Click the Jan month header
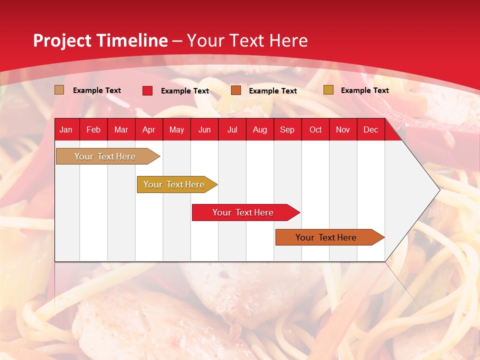point(66,130)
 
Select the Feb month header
point(93,130)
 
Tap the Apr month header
point(149,130)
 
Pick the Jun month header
point(204,130)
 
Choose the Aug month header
point(260,130)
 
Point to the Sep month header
point(287,130)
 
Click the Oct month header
point(315,130)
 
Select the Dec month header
point(371,130)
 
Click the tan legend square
point(59,90)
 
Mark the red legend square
point(147,90)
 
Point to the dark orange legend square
point(236,90)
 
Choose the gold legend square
point(328,90)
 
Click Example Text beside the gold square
point(364,90)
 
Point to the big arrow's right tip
point(439,189)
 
